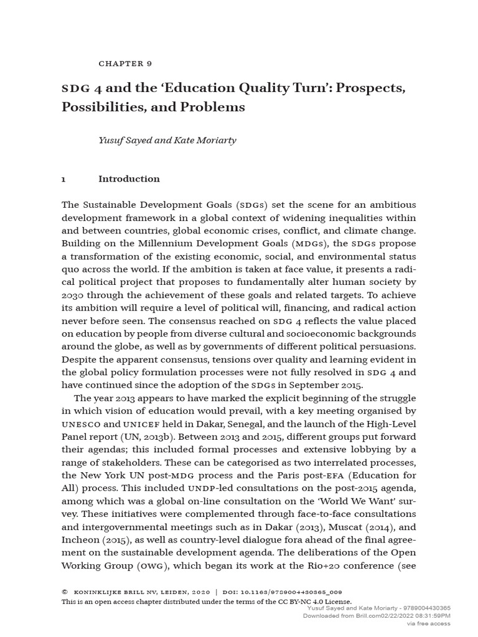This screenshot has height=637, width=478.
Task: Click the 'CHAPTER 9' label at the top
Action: click(125, 63)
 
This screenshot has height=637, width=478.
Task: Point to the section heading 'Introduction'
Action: click(129, 179)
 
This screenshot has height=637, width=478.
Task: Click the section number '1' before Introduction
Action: click(63, 179)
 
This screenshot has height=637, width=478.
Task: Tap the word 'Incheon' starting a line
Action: click(80, 540)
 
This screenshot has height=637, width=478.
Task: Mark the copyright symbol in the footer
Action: click(65, 592)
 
